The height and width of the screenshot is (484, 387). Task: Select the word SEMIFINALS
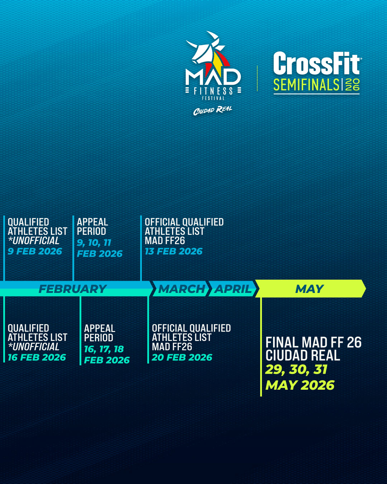(306, 85)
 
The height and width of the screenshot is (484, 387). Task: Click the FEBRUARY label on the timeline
(73, 289)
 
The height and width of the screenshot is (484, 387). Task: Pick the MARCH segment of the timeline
(181, 289)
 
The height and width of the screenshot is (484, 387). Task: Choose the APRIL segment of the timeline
(233, 289)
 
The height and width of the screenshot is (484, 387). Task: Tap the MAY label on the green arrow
(309, 289)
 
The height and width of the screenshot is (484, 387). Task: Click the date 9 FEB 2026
(35, 251)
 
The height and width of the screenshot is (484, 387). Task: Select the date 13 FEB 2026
(173, 251)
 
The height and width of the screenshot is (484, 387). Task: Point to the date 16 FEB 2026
(37, 357)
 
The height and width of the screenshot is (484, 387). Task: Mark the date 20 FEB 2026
(182, 357)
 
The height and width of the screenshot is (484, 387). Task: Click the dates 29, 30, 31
(296, 370)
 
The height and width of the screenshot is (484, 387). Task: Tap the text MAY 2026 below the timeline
(300, 385)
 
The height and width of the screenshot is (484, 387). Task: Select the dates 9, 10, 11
(94, 243)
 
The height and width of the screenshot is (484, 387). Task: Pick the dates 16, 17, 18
(104, 349)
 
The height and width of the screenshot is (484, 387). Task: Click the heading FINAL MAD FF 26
(314, 342)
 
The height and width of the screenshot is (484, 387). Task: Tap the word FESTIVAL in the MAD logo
(213, 98)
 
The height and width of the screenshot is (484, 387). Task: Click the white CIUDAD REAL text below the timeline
(303, 355)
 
